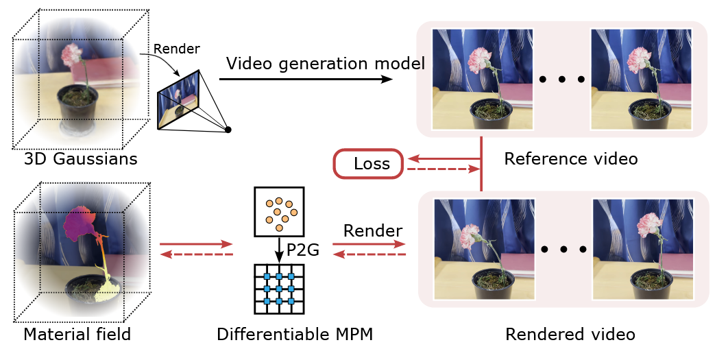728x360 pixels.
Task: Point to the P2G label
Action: (x=304, y=251)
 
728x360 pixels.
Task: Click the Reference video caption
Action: (x=570, y=159)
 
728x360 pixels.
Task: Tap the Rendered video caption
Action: (x=570, y=335)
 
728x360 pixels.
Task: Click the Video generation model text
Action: (x=326, y=64)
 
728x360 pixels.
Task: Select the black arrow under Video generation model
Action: (x=308, y=80)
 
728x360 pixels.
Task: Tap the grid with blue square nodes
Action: (x=278, y=289)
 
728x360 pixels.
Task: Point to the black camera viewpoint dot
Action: (x=228, y=130)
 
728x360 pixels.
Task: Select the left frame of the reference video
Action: (x=472, y=79)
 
